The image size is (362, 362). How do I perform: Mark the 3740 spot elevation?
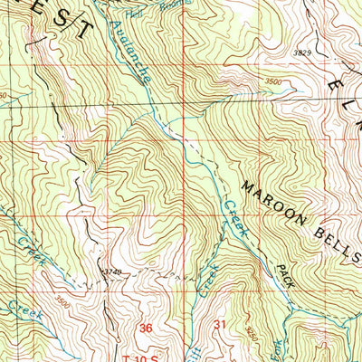111,271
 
